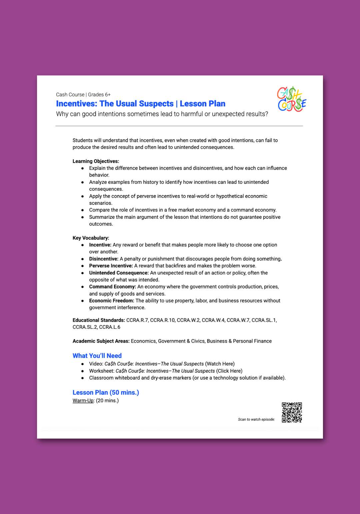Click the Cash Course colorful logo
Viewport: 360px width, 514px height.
(x=292, y=99)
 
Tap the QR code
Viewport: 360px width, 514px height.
(x=292, y=412)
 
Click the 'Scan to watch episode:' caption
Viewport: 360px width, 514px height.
(x=256, y=419)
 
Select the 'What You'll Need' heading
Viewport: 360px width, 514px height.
(x=97, y=356)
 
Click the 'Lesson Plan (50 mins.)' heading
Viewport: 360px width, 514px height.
(x=106, y=392)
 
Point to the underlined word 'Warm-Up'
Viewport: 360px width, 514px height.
(x=83, y=400)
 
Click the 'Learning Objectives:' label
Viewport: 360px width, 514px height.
(x=96, y=161)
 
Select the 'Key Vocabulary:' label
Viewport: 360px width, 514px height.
(x=91, y=238)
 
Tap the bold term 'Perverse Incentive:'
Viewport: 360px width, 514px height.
(x=111, y=266)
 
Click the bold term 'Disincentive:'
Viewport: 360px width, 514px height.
(x=104, y=259)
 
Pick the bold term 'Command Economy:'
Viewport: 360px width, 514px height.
(x=112, y=287)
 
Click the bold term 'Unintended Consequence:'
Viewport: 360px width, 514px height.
(x=119, y=273)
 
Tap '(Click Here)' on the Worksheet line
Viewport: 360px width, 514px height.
(x=229, y=371)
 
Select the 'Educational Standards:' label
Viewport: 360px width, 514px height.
(x=99, y=320)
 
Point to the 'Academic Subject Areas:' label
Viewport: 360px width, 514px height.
(x=101, y=341)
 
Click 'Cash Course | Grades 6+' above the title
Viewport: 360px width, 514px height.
(x=83, y=95)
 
